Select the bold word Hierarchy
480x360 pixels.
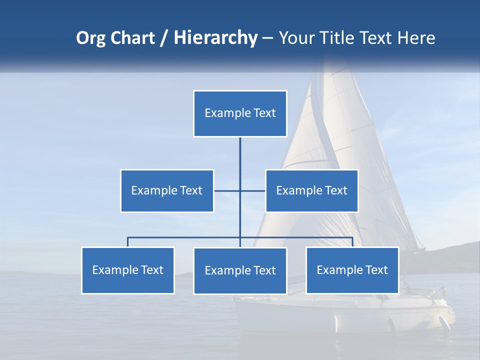[215, 38]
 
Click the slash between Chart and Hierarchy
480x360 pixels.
[164, 38]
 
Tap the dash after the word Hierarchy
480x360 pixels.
[267, 39]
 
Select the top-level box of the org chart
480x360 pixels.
[240, 113]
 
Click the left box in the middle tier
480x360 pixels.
[167, 190]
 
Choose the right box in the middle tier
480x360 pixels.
[311, 190]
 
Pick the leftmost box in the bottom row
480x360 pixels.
[128, 270]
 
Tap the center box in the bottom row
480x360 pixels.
[240, 270]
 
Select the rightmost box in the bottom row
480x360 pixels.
[352, 270]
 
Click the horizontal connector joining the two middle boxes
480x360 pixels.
[227, 190]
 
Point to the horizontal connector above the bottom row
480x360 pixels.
[185, 237]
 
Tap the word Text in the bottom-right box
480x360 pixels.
[376, 270]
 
